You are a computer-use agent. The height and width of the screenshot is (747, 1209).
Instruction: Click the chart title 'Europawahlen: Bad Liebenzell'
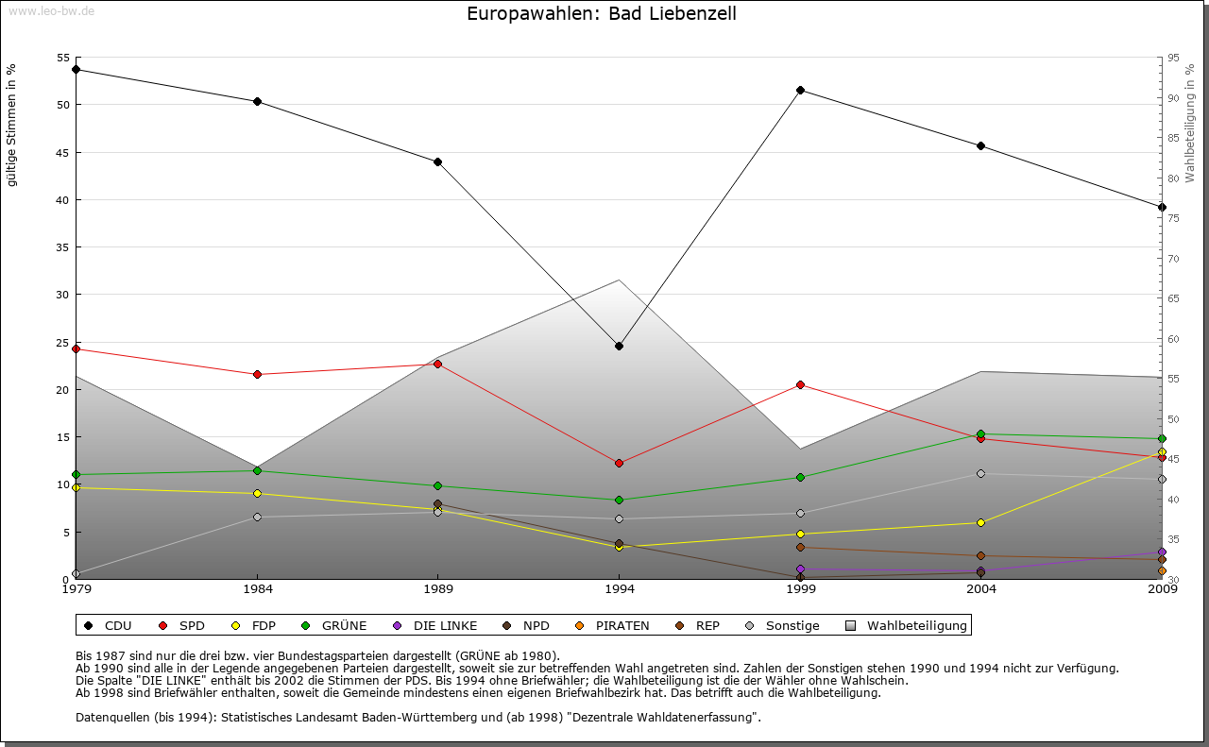coord(602,14)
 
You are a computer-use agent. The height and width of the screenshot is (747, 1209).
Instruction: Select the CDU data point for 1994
coord(619,346)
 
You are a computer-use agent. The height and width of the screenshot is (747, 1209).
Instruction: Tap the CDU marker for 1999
coord(800,90)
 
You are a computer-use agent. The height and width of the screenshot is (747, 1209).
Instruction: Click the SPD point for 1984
coord(257,374)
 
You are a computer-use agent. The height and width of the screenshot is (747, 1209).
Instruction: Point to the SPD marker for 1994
coord(619,463)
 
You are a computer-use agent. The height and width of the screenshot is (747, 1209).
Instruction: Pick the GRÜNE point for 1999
coord(800,477)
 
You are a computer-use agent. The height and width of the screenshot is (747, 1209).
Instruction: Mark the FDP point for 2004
coord(980,522)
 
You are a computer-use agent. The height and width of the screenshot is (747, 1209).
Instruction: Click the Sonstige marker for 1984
coord(257,517)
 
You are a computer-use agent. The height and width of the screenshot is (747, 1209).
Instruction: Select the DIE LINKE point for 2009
coord(1162,552)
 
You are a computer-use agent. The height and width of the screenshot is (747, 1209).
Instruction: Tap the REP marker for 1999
coord(800,547)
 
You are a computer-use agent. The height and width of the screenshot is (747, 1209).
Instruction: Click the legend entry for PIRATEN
coord(612,625)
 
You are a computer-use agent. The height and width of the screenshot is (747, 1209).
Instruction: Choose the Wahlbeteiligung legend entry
coord(907,625)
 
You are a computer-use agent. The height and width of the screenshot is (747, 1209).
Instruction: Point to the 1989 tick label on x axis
coord(438,590)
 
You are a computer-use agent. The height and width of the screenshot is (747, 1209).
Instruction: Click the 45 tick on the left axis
coord(62,152)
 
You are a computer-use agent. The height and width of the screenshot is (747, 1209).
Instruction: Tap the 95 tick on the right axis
coord(1172,58)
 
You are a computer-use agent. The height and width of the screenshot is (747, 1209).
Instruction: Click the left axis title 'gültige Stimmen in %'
coord(12,125)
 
